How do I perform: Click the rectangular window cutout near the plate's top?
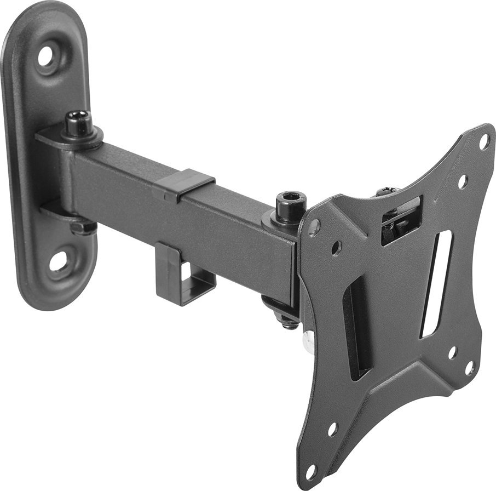tap(401, 219)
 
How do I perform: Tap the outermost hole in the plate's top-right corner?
tap(484, 141)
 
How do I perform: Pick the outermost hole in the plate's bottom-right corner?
tap(470, 368)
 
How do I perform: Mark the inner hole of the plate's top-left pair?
tap(336, 248)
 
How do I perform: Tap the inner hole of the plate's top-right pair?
tap(462, 181)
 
